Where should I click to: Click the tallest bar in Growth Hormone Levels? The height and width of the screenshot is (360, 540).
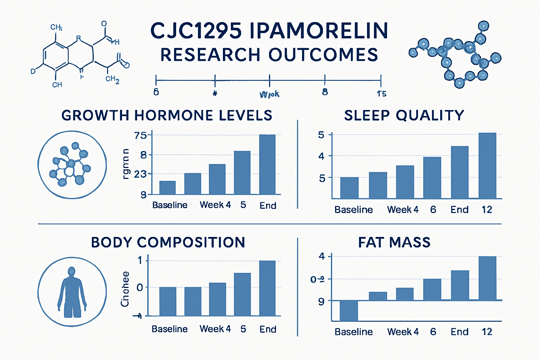point(267,164)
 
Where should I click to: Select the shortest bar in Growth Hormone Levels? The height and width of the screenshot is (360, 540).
point(167,188)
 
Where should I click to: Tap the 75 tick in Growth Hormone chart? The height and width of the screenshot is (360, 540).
point(140,135)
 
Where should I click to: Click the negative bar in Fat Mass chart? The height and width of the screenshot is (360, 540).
point(349,310)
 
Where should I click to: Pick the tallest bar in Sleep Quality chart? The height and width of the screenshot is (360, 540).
point(487,166)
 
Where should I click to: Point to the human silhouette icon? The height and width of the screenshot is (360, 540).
point(72,292)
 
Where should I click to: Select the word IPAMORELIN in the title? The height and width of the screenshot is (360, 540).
point(319,31)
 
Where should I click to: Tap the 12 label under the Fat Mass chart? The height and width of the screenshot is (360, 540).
point(487,332)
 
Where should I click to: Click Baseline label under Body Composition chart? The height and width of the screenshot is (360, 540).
point(169,329)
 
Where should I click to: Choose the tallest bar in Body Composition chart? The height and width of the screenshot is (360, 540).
point(267,288)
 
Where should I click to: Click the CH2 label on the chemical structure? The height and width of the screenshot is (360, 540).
point(112,79)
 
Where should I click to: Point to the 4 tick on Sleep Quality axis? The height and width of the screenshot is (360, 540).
point(321,156)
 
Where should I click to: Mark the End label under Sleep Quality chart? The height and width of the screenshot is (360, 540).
point(459,210)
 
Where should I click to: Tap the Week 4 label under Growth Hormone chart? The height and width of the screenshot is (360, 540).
point(215,205)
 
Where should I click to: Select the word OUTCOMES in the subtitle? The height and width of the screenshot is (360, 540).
point(323,55)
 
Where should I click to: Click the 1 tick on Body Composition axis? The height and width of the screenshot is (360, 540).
point(140,260)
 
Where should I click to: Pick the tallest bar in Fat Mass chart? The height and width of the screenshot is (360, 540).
point(487,278)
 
